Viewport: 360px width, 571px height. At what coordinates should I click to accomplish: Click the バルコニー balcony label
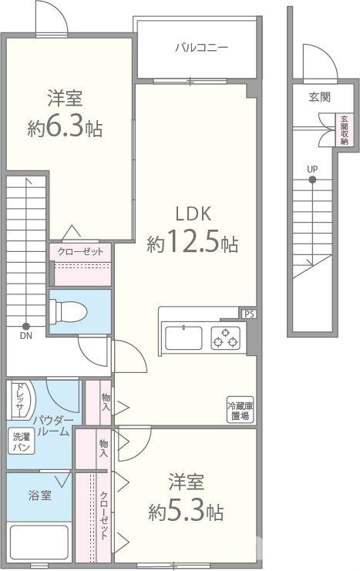[201, 48]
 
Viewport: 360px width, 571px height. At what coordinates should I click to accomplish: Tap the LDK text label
[193, 213]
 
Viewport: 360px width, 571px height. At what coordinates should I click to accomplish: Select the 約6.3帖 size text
[65, 128]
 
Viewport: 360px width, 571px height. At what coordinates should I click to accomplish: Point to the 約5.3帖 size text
[186, 512]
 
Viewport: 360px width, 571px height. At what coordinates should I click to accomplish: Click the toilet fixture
[68, 311]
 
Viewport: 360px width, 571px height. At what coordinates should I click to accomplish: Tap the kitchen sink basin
[183, 338]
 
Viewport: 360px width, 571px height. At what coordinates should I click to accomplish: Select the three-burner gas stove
[226, 338]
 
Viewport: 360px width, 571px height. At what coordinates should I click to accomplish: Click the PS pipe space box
[249, 314]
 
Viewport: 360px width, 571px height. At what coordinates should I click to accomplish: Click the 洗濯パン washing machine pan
[22, 442]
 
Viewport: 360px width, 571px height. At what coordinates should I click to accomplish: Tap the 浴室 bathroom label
[40, 495]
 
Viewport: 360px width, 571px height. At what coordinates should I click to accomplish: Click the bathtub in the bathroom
[39, 542]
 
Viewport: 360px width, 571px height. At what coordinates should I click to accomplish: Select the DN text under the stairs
[26, 336]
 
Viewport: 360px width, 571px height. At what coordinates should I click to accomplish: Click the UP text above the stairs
[312, 170]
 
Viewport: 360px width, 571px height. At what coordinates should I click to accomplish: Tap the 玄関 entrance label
[319, 97]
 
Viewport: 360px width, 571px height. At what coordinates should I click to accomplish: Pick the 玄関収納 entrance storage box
[345, 130]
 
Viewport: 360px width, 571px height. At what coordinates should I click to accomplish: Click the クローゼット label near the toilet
[80, 252]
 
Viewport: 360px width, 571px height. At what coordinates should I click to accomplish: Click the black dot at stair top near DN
[26, 326]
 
